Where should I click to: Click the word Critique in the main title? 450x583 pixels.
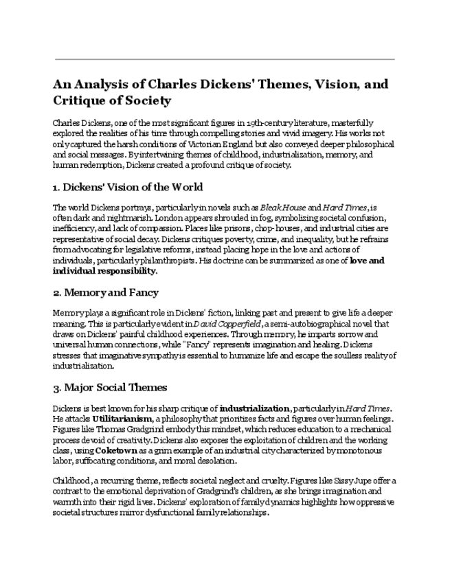[76, 101]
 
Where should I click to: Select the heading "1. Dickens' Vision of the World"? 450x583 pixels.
[128, 187]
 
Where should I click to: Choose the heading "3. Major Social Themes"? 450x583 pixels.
[110, 387]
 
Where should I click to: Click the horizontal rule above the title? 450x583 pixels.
[225, 59]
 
